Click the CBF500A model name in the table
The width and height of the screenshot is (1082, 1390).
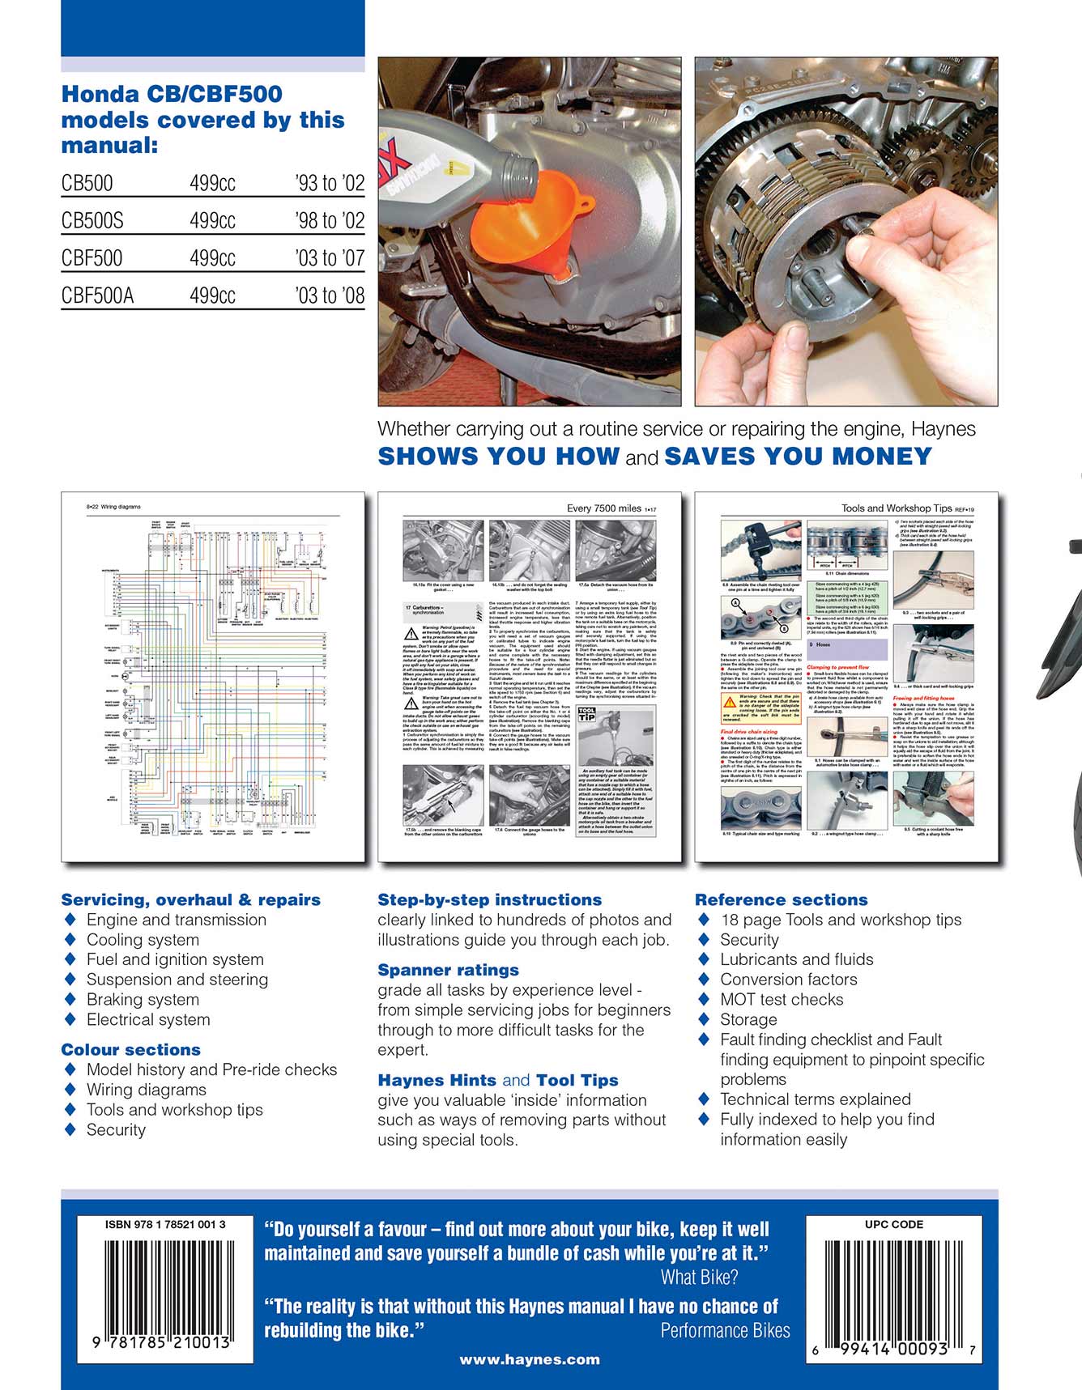tap(97, 295)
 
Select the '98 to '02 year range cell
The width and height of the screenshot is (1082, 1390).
tap(330, 220)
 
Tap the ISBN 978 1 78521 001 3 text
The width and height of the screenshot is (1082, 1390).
tap(165, 1224)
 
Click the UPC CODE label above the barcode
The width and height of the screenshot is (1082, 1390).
tap(893, 1224)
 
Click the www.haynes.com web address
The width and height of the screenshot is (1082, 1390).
tap(530, 1359)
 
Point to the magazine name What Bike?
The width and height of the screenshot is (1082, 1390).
tap(699, 1277)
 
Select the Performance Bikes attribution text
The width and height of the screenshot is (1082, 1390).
tap(725, 1330)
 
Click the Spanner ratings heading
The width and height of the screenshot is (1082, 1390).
tap(448, 970)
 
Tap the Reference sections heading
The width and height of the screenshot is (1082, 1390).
tap(781, 899)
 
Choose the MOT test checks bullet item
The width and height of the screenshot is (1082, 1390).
tap(782, 999)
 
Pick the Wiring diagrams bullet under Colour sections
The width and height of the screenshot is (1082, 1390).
tap(146, 1090)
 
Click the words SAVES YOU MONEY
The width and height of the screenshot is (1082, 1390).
tap(798, 456)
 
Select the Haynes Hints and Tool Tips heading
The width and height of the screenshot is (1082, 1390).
tap(497, 1080)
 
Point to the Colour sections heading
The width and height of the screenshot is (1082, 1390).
tap(130, 1049)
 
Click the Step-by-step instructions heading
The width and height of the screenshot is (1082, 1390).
tap(489, 899)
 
